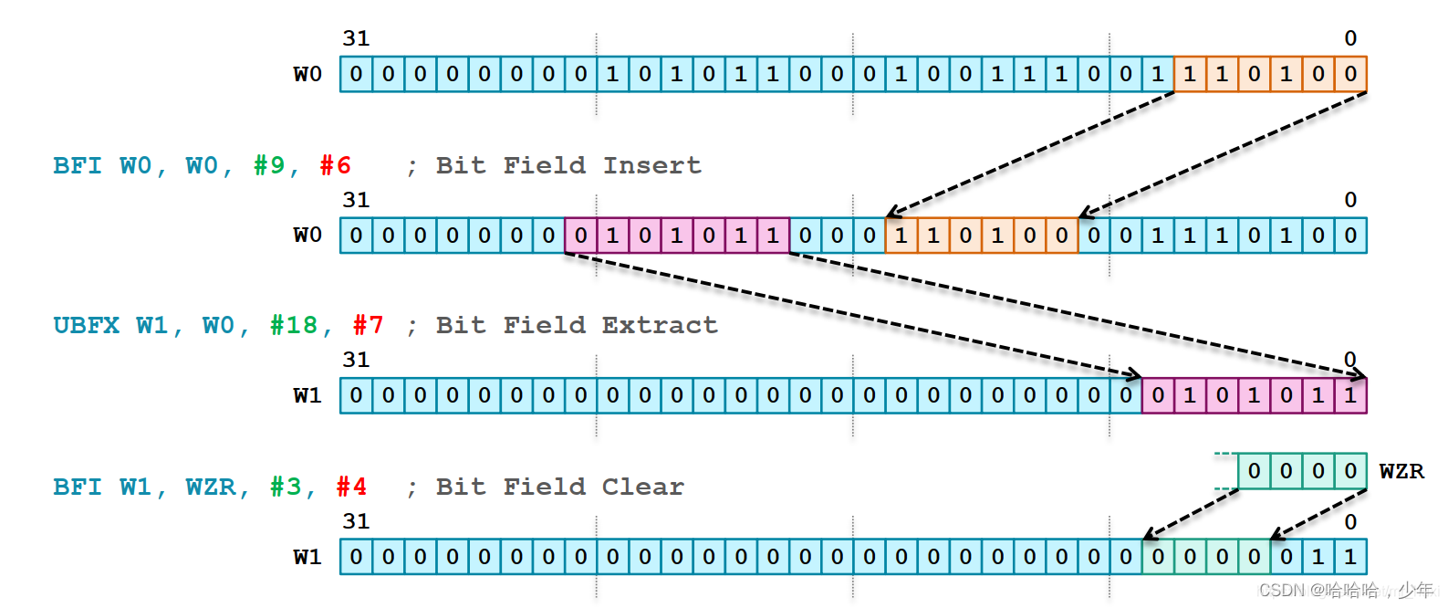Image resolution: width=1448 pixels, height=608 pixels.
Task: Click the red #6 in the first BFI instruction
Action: [x=335, y=165]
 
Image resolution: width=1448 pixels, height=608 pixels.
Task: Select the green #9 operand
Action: [x=269, y=165]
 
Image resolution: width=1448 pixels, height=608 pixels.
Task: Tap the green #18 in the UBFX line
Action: [x=294, y=325]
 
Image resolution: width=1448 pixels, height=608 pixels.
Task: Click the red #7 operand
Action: [x=368, y=325]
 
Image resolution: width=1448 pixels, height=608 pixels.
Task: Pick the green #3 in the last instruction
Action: [x=286, y=487]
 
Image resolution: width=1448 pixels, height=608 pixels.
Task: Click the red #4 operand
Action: [x=351, y=487]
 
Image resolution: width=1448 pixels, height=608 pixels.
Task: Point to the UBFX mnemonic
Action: [x=86, y=325]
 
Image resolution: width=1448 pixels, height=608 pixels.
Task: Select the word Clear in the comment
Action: [x=642, y=487]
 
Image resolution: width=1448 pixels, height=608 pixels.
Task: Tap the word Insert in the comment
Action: [x=651, y=165]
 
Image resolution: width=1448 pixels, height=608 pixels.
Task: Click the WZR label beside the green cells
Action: [x=1401, y=471]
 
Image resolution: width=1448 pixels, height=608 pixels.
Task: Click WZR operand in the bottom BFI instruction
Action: [x=210, y=487]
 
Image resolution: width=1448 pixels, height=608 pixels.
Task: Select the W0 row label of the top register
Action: [x=307, y=74]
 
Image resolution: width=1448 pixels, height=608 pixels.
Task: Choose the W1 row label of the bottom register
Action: [x=307, y=557]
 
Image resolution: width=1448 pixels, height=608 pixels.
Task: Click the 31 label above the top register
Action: [x=356, y=38]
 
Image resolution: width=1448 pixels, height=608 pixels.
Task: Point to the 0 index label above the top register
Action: [x=1350, y=38]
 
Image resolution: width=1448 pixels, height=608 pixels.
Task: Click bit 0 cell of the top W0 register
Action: [x=1350, y=74]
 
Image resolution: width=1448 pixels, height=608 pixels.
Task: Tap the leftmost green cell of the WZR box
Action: [x=1255, y=471]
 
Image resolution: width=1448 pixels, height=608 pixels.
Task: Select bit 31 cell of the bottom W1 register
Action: [x=356, y=557]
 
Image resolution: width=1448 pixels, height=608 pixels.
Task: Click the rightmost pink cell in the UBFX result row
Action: [x=1350, y=395]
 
